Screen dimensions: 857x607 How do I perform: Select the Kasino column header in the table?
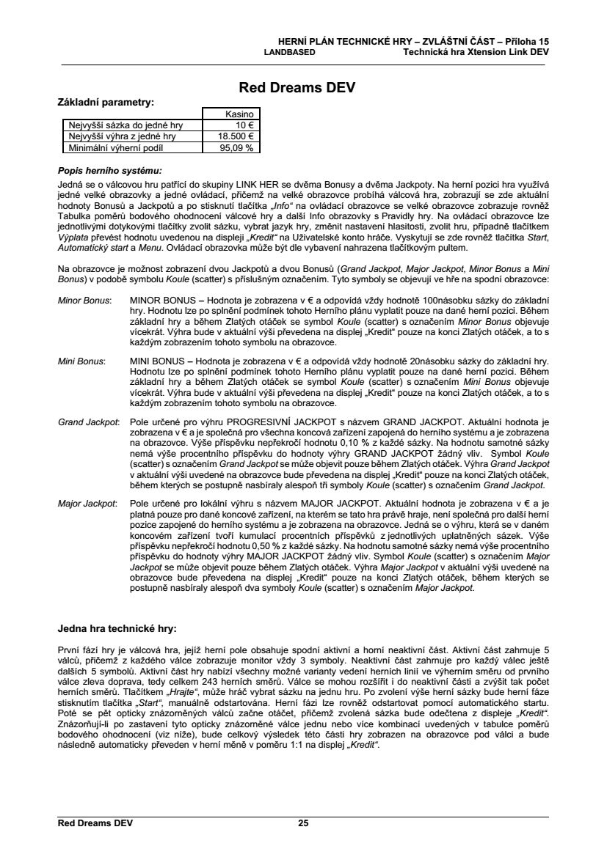coord(239,114)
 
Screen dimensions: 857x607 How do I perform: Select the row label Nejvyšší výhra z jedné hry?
coord(122,136)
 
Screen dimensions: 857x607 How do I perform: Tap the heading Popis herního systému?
coord(109,169)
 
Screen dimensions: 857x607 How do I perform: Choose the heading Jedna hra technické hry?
coord(117,628)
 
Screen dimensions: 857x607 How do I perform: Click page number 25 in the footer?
coord(303,823)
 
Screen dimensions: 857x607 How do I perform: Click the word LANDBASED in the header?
coord(289,53)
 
